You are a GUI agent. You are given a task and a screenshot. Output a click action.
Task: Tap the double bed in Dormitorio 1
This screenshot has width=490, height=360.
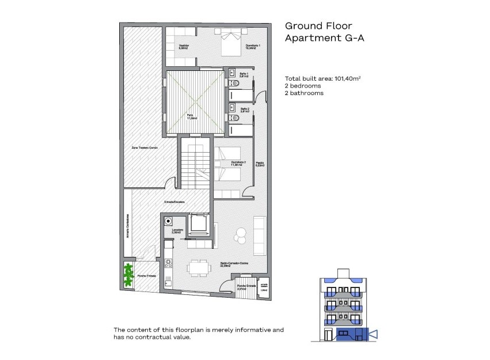pyautogui.click(x=228, y=40)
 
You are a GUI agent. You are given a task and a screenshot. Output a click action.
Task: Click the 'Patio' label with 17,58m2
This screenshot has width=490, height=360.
pyautogui.click(x=190, y=117)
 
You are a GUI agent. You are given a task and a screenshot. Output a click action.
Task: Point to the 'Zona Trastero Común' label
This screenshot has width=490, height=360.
pyautogui.click(x=145, y=148)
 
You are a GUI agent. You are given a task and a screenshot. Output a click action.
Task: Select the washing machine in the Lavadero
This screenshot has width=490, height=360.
pyautogui.click(x=169, y=221)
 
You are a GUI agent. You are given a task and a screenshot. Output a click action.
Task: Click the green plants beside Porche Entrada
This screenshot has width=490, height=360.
pyautogui.click(x=128, y=275)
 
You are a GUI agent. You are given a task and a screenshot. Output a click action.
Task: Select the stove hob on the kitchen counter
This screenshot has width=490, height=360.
pyautogui.click(x=169, y=263)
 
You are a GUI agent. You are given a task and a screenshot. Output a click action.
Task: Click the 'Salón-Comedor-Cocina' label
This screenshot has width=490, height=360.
pyautogui.click(x=233, y=265)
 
